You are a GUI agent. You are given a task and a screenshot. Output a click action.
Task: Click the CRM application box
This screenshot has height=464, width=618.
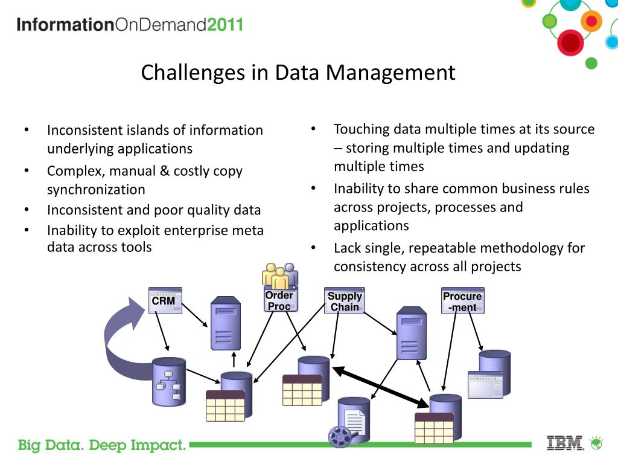165,300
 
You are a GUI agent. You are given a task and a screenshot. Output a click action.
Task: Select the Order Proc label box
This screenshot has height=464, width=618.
279,300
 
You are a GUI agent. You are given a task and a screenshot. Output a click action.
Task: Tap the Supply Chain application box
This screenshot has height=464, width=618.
345,301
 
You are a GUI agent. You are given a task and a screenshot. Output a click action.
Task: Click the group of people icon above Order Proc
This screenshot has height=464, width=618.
280,275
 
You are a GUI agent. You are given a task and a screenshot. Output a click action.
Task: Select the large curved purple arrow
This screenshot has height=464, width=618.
124,344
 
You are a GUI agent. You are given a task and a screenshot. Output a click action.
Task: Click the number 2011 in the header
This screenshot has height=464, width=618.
225,25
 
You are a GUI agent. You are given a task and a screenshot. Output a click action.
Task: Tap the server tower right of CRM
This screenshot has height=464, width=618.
225,323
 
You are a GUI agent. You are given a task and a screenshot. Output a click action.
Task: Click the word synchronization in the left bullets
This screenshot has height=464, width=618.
96,190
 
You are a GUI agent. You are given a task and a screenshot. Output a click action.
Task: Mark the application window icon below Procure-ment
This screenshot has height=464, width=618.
485,385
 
